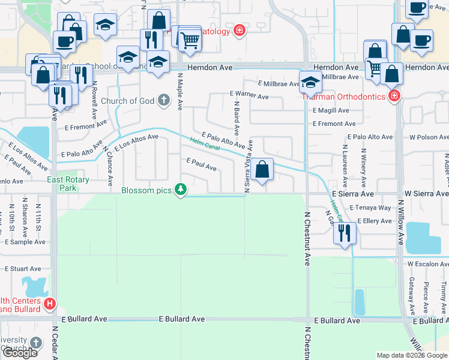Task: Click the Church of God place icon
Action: (x=164, y=101)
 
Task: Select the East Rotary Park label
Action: (x=69, y=184)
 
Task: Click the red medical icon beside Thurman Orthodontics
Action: (x=394, y=96)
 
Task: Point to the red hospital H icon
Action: (x=50, y=304)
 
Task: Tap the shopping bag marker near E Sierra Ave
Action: (x=262, y=170)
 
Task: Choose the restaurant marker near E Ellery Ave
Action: (x=344, y=233)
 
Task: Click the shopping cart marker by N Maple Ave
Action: (x=190, y=40)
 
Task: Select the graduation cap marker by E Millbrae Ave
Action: (x=310, y=82)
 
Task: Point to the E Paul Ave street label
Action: (x=201, y=164)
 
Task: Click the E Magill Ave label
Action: (x=330, y=110)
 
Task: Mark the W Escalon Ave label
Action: (x=427, y=263)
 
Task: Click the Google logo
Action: (x=20, y=353)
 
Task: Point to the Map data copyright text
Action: (x=411, y=355)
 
